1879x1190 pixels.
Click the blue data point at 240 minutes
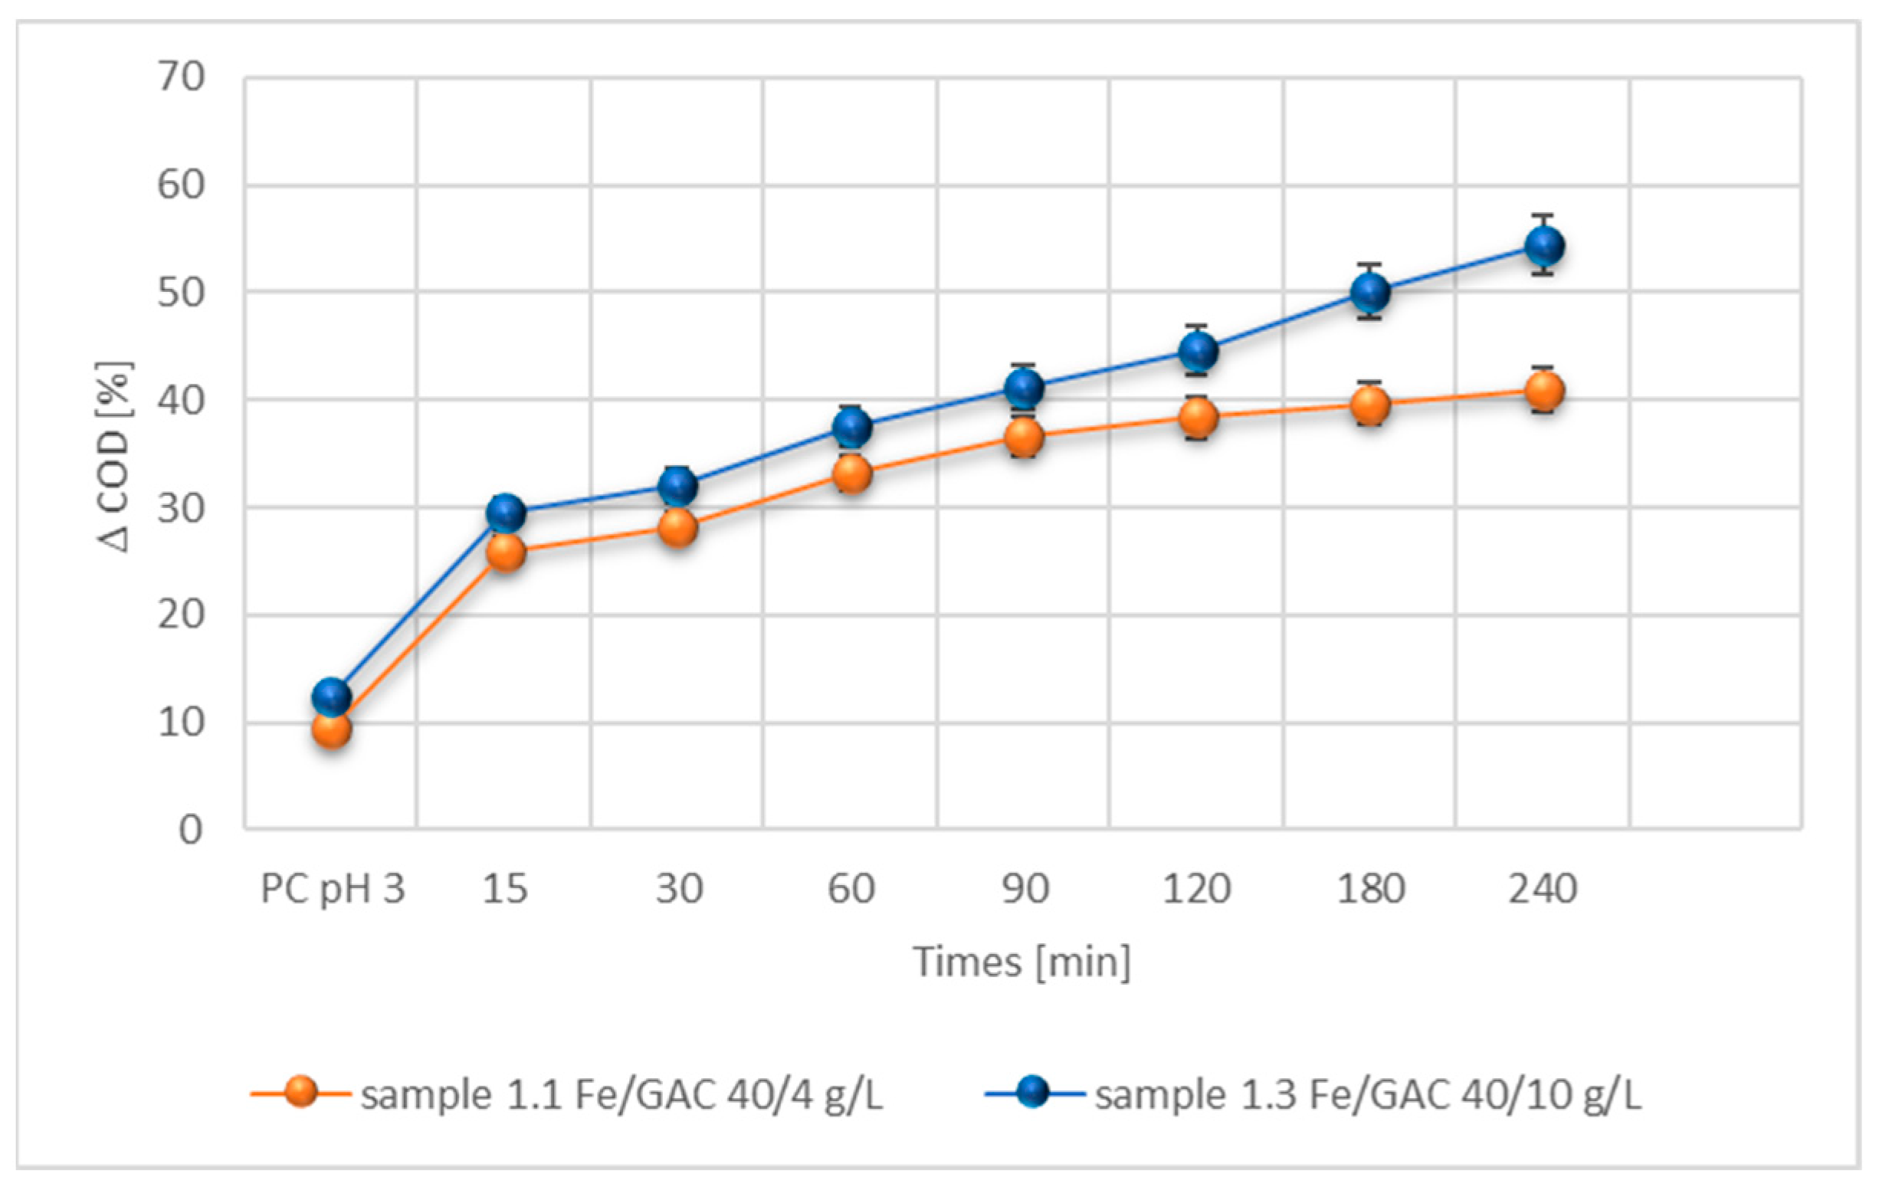1544,246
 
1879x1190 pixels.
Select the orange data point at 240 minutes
1544,390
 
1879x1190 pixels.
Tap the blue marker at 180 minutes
1370,292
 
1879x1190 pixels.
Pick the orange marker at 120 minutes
1198,418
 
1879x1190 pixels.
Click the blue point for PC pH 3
332,695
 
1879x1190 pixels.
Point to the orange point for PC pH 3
332,730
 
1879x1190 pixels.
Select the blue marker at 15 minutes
506,513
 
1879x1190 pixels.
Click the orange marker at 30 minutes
678,528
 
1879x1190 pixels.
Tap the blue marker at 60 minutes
852,427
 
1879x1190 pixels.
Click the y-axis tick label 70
181,77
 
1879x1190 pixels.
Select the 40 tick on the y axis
181,400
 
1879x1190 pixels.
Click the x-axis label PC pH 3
333,889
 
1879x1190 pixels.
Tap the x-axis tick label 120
1197,889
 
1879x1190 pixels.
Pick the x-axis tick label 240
1543,889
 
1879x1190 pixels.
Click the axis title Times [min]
1022,962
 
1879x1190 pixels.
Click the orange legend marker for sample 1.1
300,1092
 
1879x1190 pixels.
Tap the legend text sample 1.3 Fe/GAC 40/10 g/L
1368,1095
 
